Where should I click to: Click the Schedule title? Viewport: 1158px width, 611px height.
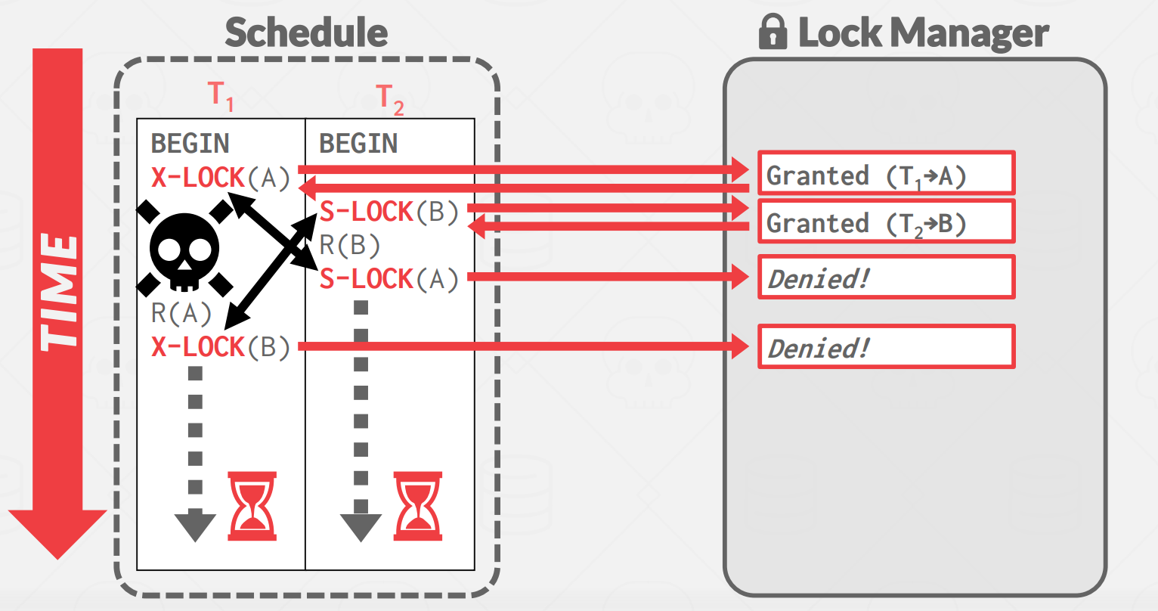(x=306, y=32)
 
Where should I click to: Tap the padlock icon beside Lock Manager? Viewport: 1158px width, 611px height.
(x=773, y=31)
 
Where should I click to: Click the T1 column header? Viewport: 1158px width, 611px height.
(x=221, y=96)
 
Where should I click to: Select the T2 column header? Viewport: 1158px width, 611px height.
(x=390, y=99)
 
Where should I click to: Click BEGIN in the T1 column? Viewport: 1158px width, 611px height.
(x=190, y=144)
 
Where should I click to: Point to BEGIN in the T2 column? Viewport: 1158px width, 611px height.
(x=358, y=144)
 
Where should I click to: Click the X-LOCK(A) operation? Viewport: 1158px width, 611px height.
(x=221, y=178)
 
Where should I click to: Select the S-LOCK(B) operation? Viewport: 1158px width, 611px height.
(x=389, y=212)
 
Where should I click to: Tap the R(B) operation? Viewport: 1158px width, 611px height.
(x=350, y=245)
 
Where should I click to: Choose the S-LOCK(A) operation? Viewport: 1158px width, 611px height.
(x=389, y=279)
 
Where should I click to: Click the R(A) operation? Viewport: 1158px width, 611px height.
(x=181, y=314)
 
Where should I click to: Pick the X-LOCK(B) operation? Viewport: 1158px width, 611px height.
(x=221, y=347)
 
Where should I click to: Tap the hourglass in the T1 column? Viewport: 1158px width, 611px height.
(x=252, y=506)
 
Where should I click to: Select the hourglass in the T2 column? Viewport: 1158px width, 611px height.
(x=418, y=506)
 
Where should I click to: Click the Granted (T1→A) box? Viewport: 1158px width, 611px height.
(x=887, y=173)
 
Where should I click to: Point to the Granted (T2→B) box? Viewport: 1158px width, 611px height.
(x=887, y=222)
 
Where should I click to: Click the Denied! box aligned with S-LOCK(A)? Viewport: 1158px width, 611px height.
(x=887, y=278)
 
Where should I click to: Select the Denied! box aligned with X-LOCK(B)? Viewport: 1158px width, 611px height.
(x=887, y=346)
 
